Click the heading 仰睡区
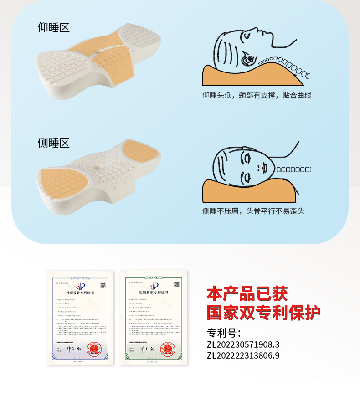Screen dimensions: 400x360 coord(53,27)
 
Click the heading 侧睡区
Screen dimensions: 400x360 coord(53,143)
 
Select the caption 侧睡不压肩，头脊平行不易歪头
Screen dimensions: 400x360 coord(253,211)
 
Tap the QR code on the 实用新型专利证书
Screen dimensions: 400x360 coord(176,285)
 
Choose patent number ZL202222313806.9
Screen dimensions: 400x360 coord(243,355)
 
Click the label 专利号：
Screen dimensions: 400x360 coord(224,333)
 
